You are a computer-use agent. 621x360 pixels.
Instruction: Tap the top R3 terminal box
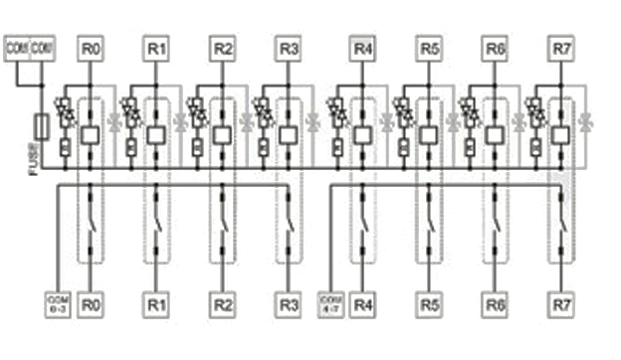pyautogui.click(x=289, y=48)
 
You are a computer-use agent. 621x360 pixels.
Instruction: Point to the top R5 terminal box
pyautogui.click(x=429, y=48)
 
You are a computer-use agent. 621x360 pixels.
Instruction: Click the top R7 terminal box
pyautogui.click(x=562, y=48)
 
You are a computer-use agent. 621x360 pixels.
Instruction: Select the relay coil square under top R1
pyautogui.click(x=155, y=134)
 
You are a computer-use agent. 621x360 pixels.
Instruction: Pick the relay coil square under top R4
pyautogui.click(x=362, y=134)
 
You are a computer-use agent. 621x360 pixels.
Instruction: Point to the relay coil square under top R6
pyautogui.click(x=495, y=134)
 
